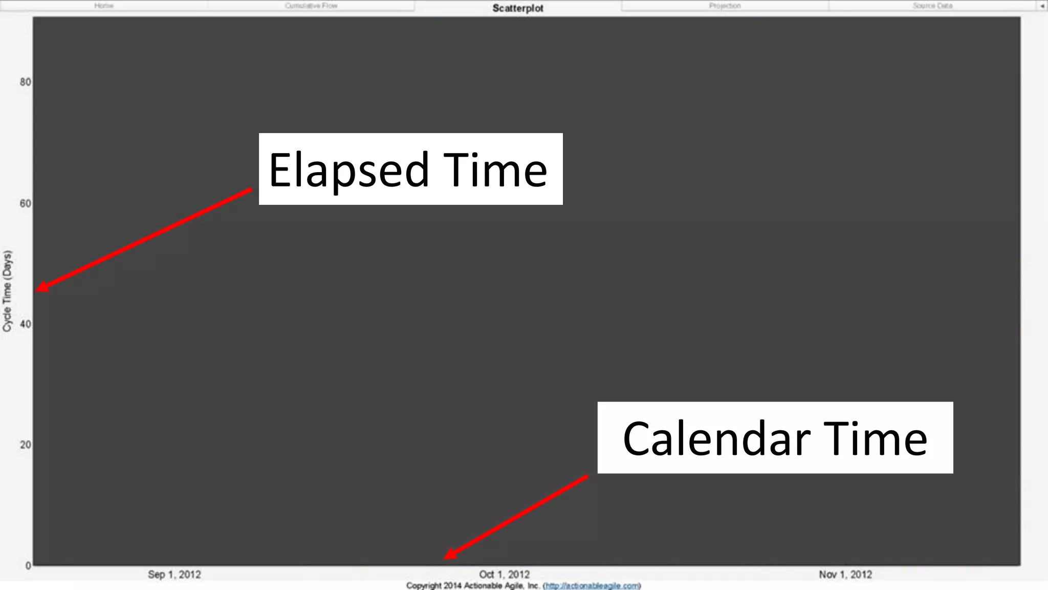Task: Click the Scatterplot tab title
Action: (518, 8)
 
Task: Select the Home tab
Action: (104, 6)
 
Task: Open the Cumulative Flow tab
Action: (311, 6)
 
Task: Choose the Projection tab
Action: (725, 6)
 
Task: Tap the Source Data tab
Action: (932, 6)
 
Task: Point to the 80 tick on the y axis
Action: (26, 82)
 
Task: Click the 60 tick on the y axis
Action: (26, 203)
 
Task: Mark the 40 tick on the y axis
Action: (26, 324)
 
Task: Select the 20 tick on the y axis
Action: (26, 445)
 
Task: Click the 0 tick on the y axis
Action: (28, 566)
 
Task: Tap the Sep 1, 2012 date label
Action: (174, 575)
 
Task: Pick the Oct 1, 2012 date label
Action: (504, 575)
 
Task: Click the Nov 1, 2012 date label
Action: (845, 575)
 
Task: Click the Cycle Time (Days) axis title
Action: (7, 291)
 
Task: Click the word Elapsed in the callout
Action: (348, 170)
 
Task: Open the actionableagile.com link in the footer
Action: (592, 586)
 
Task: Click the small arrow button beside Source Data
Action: (1042, 6)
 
